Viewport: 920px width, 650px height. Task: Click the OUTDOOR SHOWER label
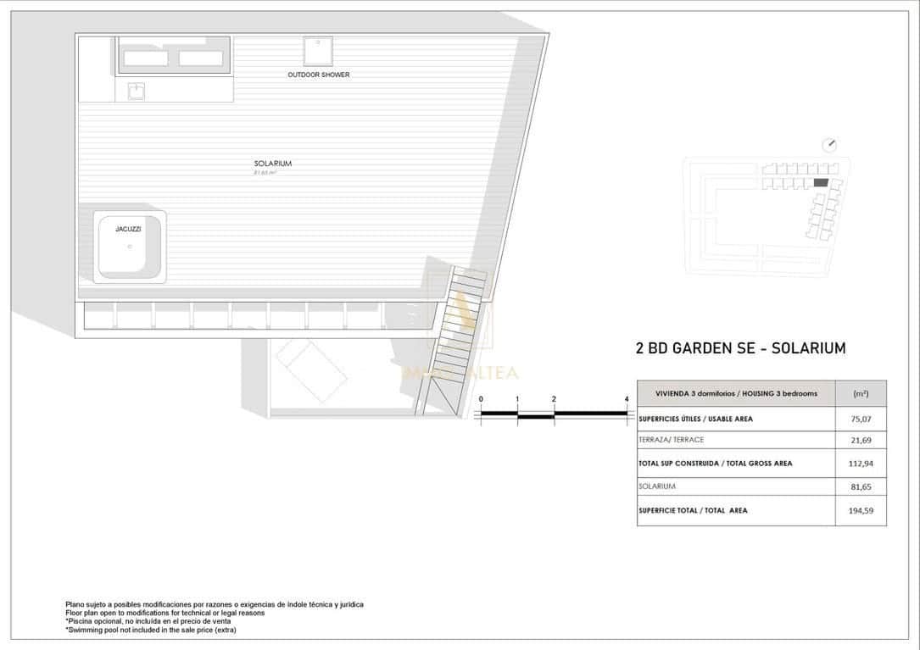point(318,75)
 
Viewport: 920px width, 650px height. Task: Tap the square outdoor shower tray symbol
point(318,51)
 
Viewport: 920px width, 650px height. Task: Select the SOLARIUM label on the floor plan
point(272,164)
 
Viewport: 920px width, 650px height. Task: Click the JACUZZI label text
point(128,229)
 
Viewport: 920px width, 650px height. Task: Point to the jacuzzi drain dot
point(130,247)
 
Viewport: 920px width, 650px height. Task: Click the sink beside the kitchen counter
point(137,91)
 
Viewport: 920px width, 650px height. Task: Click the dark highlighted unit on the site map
point(820,182)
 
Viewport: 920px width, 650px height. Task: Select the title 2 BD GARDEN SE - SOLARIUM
point(740,348)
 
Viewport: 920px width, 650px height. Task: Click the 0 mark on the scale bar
point(481,398)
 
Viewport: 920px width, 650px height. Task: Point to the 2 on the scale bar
point(554,398)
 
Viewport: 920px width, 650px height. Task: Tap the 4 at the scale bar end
point(627,398)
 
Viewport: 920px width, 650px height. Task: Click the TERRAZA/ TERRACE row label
point(672,441)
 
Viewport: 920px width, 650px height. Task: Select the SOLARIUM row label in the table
point(657,486)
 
